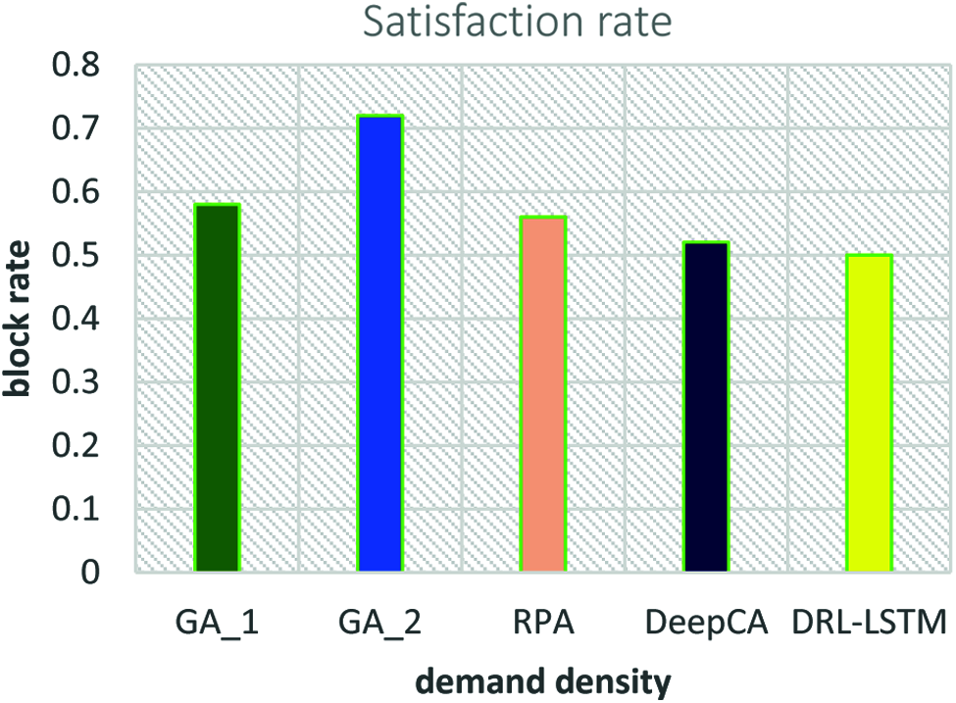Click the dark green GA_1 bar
point(217,387)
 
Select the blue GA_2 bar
point(379,343)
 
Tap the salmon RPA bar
point(542,393)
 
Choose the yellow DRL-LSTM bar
point(869,413)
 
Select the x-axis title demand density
point(541,679)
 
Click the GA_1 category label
point(217,625)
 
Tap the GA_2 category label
point(379,625)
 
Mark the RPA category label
point(542,625)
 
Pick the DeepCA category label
point(705,625)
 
